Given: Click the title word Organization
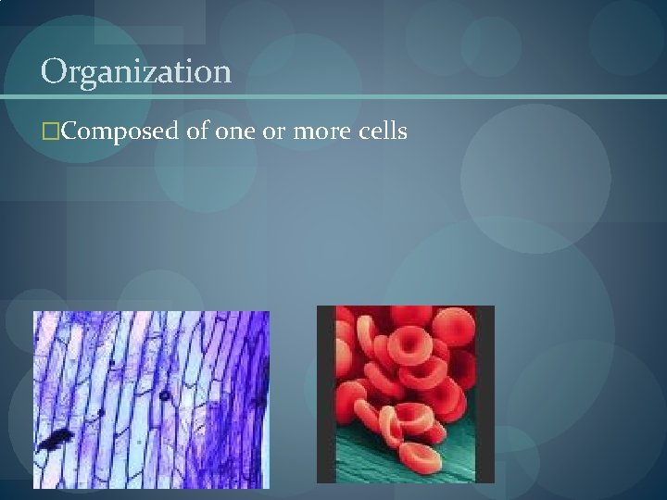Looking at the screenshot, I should (135, 72).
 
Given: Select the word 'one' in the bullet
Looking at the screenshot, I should (236, 132).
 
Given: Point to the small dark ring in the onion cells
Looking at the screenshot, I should (163, 395).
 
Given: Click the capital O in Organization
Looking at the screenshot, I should (54, 71).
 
